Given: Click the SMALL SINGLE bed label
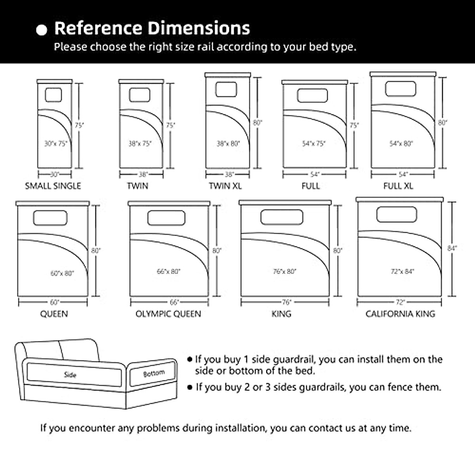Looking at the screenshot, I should [53, 186].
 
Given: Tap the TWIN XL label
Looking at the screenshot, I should [225, 186].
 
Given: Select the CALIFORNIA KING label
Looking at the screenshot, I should [400, 314].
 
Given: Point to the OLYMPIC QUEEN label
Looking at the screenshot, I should [168, 314].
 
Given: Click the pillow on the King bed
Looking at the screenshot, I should [282, 217].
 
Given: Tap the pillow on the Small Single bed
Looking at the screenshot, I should [53, 95].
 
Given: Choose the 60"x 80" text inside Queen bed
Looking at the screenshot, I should [62, 273].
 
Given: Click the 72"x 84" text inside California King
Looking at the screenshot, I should [402, 272].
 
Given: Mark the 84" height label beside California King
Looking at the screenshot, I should [452, 248].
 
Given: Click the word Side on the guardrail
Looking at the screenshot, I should [70, 374].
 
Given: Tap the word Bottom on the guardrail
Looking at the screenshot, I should [154, 373].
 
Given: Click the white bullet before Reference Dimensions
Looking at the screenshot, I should [42, 30].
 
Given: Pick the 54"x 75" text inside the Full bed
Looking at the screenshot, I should [314, 144].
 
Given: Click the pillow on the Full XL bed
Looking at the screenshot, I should [401, 89].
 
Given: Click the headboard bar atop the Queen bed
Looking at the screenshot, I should [53, 203].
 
